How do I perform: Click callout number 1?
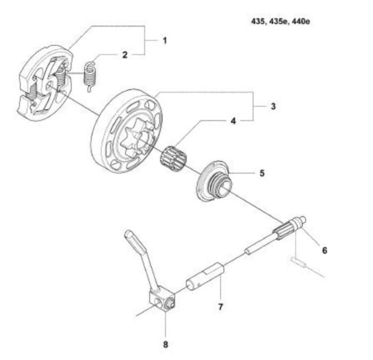[x=165, y=41]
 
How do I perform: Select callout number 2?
[x=125, y=55]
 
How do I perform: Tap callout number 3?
[x=273, y=106]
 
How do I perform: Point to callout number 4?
[x=233, y=121]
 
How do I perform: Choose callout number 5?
[x=262, y=173]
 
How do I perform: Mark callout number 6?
[x=325, y=250]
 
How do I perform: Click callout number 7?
[x=221, y=307]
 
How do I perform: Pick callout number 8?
[x=165, y=345]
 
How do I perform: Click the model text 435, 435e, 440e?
[x=280, y=21]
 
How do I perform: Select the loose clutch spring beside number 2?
[x=90, y=76]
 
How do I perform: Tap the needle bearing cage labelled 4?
[x=173, y=158]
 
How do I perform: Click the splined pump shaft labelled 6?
[x=276, y=235]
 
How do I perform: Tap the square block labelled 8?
[x=162, y=301]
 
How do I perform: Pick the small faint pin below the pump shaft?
[x=297, y=261]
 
